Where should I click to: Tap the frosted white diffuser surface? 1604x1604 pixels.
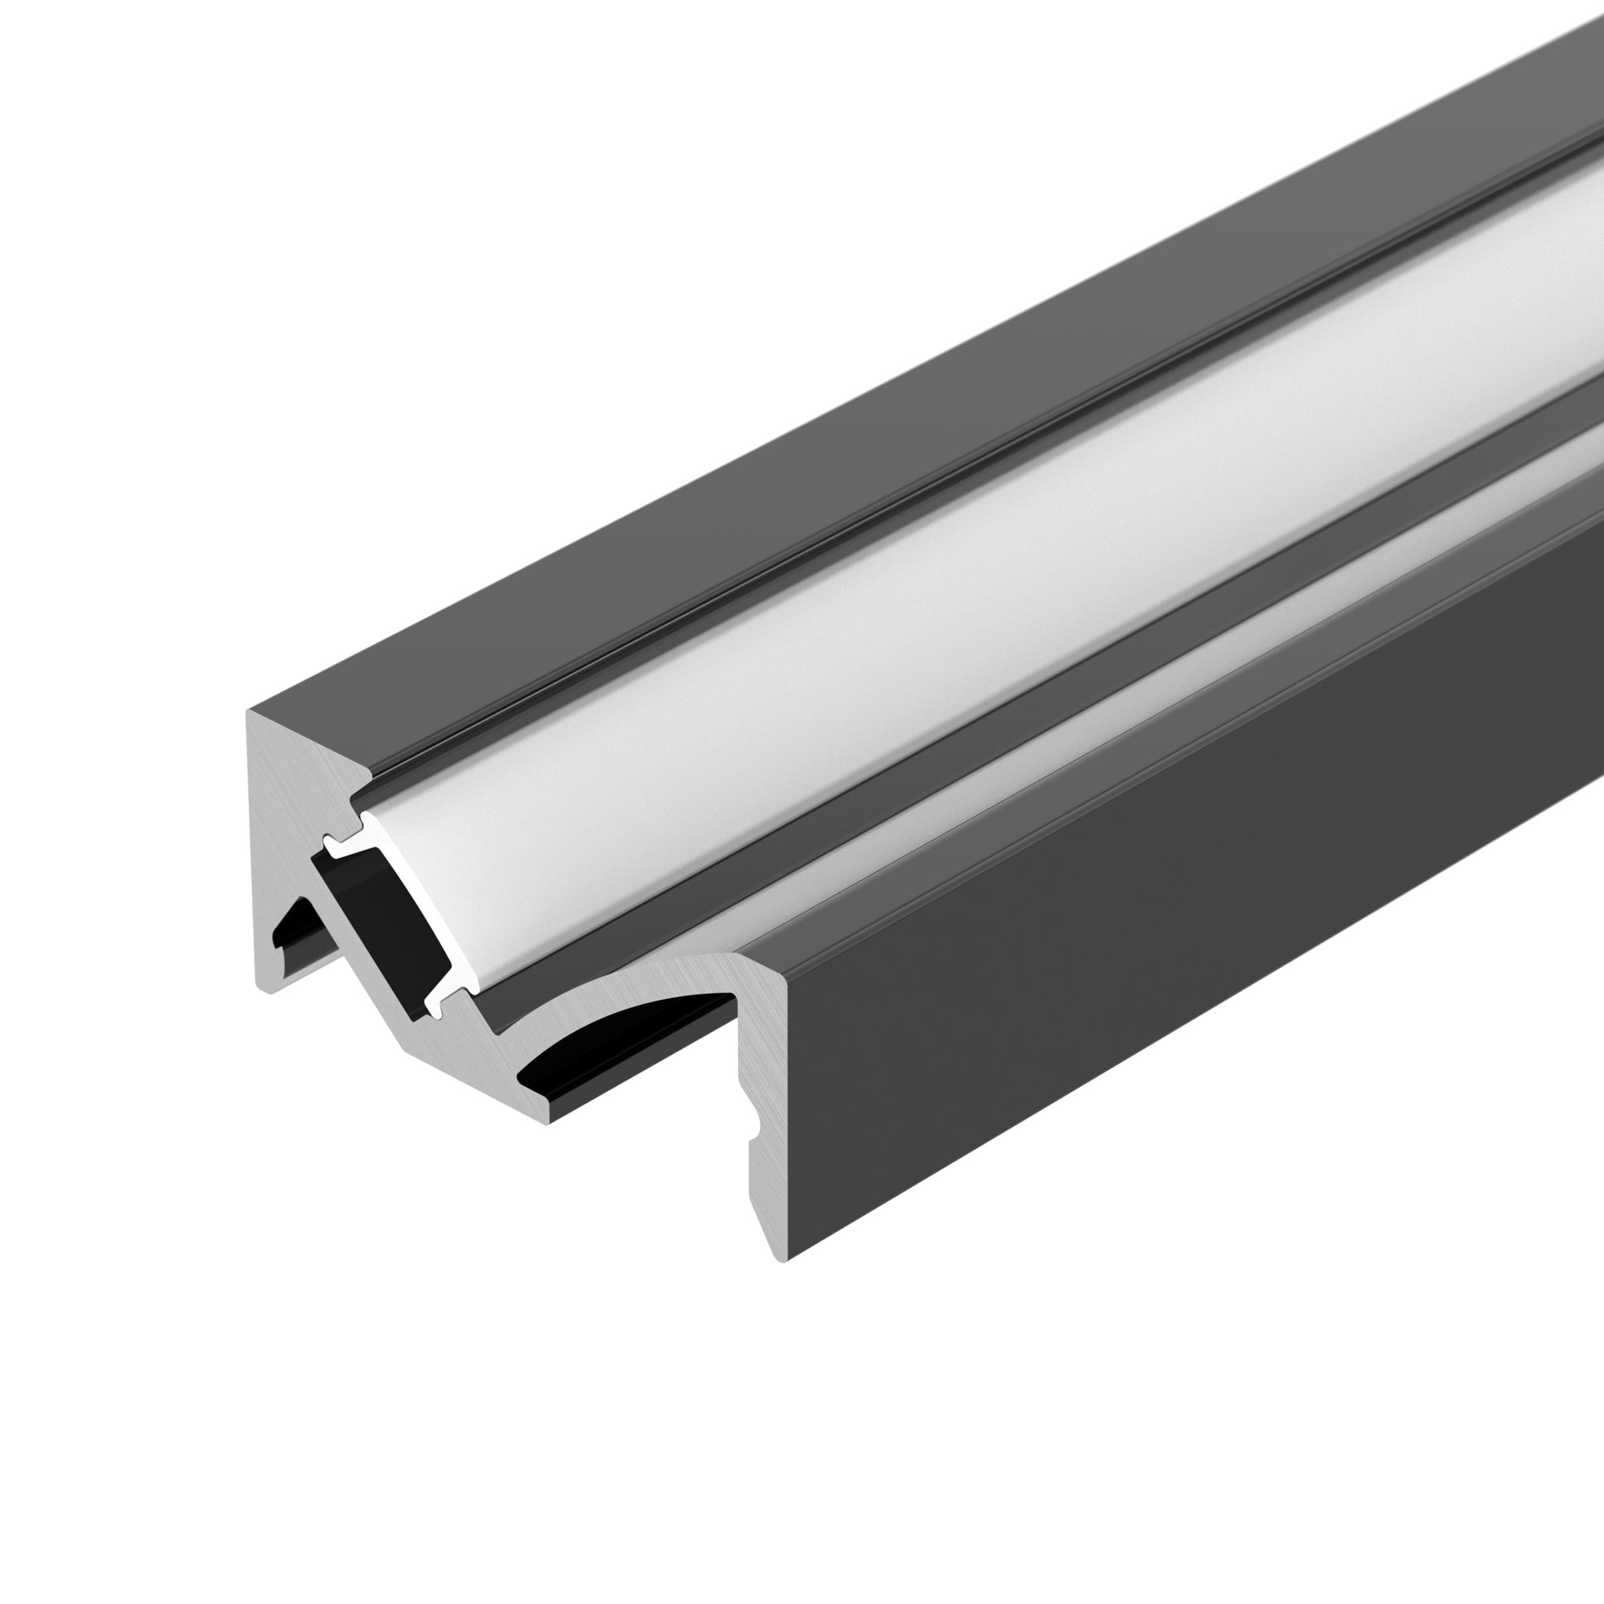coord(913,581)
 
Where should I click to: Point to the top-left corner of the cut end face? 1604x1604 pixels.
coord(249,712)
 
